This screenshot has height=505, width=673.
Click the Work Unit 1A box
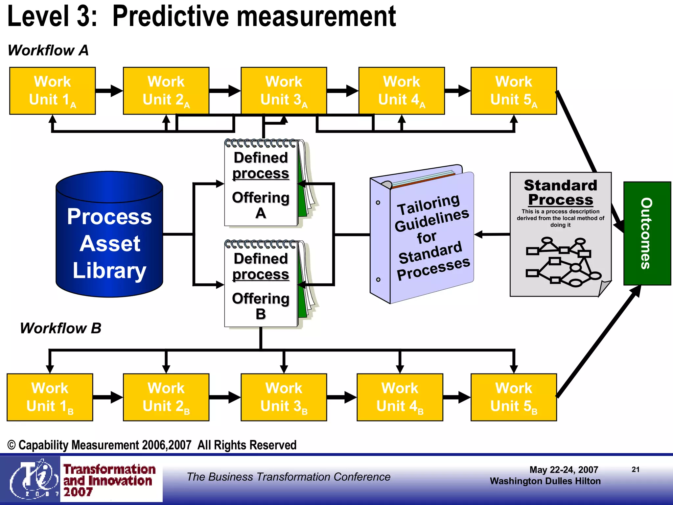pyautogui.click(x=53, y=91)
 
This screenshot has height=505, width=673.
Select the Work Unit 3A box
pyautogui.click(x=284, y=91)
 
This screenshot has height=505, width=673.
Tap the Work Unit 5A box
pyautogui.click(x=514, y=91)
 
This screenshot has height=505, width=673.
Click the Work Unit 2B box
pyautogui.click(x=166, y=397)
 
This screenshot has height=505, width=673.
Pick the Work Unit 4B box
pyautogui.click(x=400, y=397)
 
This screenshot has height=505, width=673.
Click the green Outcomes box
pyautogui.click(x=647, y=233)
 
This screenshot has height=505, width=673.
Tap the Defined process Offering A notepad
pyautogui.click(x=261, y=184)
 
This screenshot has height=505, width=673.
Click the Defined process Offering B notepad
pyautogui.click(x=261, y=285)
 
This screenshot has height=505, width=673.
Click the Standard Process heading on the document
pyautogui.click(x=560, y=193)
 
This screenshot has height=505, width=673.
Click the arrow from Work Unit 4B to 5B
pyautogui.click(x=457, y=397)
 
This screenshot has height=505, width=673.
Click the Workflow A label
pyautogui.click(x=48, y=50)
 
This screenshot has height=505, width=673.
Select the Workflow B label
pyautogui.click(x=60, y=328)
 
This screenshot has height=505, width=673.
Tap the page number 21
pyautogui.click(x=636, y=469)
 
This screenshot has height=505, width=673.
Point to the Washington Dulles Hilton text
pyautogui.click(x=545, y=481)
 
